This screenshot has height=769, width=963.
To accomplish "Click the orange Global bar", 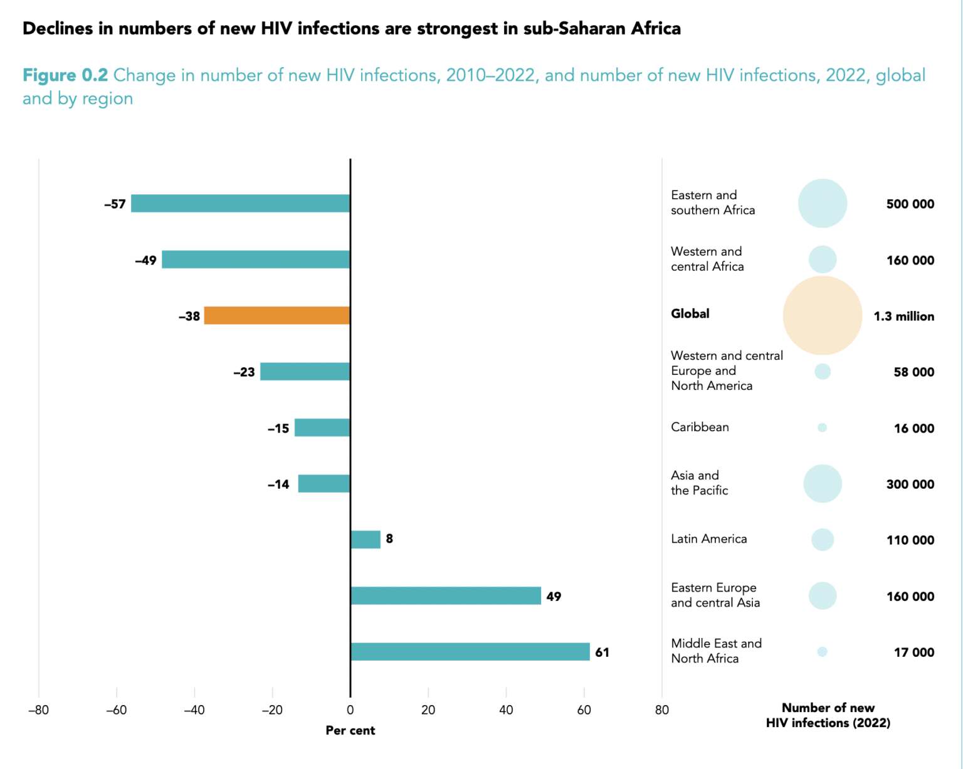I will (277, 316).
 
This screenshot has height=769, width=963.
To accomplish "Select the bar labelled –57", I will (241, 204).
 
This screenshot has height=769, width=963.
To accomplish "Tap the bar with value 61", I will (470, 652).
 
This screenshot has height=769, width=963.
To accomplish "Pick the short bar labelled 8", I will (366, 540).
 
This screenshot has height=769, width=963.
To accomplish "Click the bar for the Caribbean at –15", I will (322, 428).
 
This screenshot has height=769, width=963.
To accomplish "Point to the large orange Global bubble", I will (823, 316).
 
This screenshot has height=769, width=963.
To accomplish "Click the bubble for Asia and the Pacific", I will (823, 484).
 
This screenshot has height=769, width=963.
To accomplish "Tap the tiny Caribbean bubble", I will (822, 427).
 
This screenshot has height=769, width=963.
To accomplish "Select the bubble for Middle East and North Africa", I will (822, 652).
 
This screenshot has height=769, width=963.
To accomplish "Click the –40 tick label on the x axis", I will (194, 710).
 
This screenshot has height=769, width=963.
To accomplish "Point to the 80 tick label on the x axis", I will (661, 710).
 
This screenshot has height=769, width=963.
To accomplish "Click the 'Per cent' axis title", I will (350, 731).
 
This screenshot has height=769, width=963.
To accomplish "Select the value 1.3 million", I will (903, 316).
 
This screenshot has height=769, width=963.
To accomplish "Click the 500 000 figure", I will (910, 204).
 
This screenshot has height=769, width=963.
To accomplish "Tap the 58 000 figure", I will (913, 372).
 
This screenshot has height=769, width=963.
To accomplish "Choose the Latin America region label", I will (708, 539).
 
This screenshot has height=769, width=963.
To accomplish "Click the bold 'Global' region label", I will (690, 314).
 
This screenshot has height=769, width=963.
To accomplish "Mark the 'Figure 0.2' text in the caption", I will (65, 75).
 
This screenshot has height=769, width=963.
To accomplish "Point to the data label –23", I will (244, 372).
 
